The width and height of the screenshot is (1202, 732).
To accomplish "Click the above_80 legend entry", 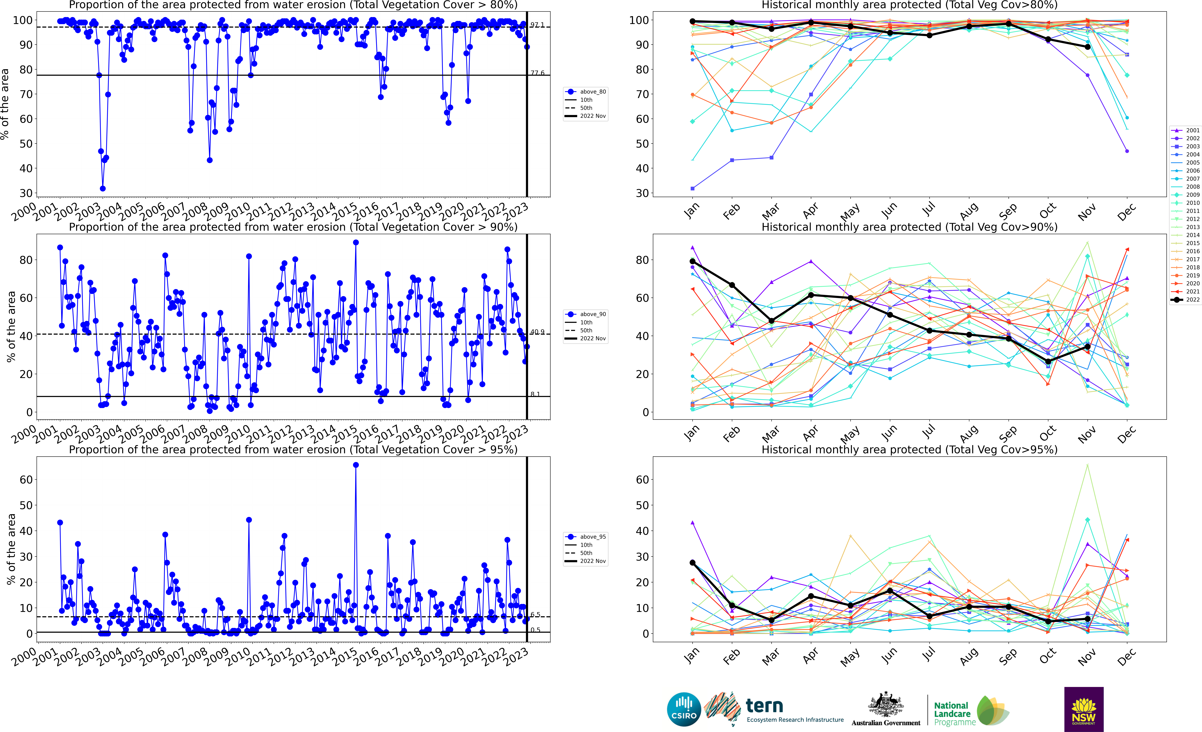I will pos(586,92).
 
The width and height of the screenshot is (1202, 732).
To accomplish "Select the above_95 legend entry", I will pos(586,537).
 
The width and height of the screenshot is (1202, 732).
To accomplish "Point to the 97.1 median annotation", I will pos(537,25).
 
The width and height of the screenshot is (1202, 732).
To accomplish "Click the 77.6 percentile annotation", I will pos(537,73).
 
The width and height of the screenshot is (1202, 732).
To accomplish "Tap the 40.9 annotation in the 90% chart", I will pos(537,332).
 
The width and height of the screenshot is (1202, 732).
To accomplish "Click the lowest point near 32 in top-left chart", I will pos(102,188).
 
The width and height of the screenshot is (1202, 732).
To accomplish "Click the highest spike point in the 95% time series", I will pos(356,465).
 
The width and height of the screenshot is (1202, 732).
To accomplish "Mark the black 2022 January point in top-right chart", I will pos(692,21).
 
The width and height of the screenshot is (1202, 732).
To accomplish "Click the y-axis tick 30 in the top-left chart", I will pos(26,193).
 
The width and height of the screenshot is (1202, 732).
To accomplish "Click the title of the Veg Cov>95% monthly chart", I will pos(909,449).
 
